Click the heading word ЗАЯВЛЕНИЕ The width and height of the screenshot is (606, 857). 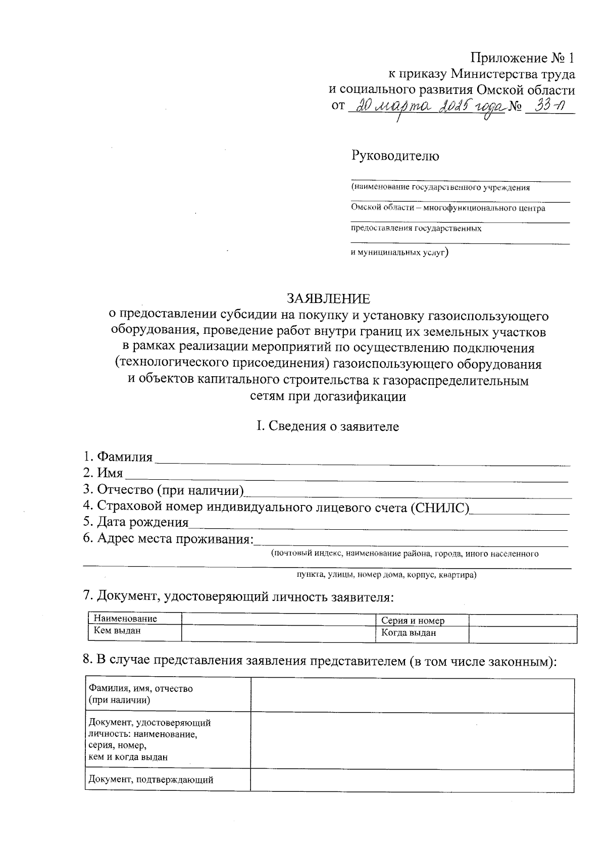[x=328, y=299]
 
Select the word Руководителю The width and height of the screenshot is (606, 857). [x=395, y=156]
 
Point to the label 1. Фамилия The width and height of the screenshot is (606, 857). [x=118, y=457]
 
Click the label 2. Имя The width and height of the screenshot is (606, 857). [x=103, y=473]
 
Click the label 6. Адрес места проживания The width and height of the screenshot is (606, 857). [x=168, y=538]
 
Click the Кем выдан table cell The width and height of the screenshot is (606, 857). [x=117, y=631]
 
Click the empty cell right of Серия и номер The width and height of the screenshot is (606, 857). [x=523, y=620]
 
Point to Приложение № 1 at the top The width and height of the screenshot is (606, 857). [x=522, y=57]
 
